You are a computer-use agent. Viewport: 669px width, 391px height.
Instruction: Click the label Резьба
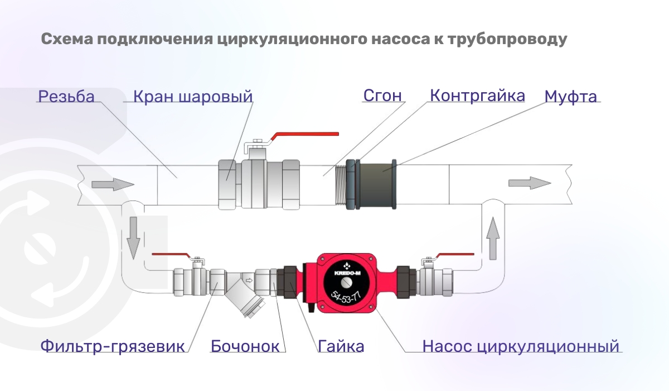[x=66, y=97]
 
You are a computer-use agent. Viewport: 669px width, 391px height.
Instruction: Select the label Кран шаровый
[x=193, y=97]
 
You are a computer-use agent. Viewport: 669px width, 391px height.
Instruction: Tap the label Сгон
[x=382, y=96]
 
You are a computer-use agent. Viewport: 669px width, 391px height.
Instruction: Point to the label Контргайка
[x=477, y=96]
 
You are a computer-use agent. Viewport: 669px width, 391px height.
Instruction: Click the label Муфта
[x=570, y=97]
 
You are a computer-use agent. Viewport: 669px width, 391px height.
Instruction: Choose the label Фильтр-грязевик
[x=112, y=346]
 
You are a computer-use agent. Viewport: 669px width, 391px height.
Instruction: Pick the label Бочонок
[x=245, y=346]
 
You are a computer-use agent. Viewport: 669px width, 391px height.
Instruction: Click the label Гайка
[x=341, y=346]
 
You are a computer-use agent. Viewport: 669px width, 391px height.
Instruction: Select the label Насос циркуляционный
[x=521, y=346]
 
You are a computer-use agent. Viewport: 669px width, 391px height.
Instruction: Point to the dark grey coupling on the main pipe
[x=376, y=184]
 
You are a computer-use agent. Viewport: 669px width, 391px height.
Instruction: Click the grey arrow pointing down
[x=133, y=238]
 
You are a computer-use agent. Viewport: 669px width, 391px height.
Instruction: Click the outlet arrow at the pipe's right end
[x=529, y=183]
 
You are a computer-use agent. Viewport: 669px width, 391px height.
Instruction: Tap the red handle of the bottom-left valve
[x=171, y=255]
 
